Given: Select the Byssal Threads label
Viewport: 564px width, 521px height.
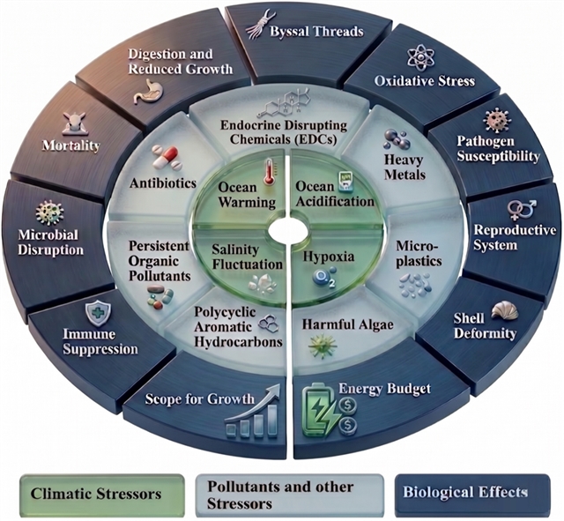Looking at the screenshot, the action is [316, 32].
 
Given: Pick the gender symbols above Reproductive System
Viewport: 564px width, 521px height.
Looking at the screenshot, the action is [522, 210].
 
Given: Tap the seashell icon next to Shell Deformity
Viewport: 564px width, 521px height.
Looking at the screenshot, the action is [504, 310].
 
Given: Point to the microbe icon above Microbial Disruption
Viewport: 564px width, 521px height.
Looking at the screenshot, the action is [50, 213].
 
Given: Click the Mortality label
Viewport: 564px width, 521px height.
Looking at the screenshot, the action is [70, 145].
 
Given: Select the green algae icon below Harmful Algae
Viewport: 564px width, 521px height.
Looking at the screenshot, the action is [323, 346].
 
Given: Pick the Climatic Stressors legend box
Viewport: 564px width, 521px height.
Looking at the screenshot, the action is [102, 493].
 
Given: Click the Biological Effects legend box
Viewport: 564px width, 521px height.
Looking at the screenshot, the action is [472, 492].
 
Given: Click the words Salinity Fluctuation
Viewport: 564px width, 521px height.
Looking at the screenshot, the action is [247, 257].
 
